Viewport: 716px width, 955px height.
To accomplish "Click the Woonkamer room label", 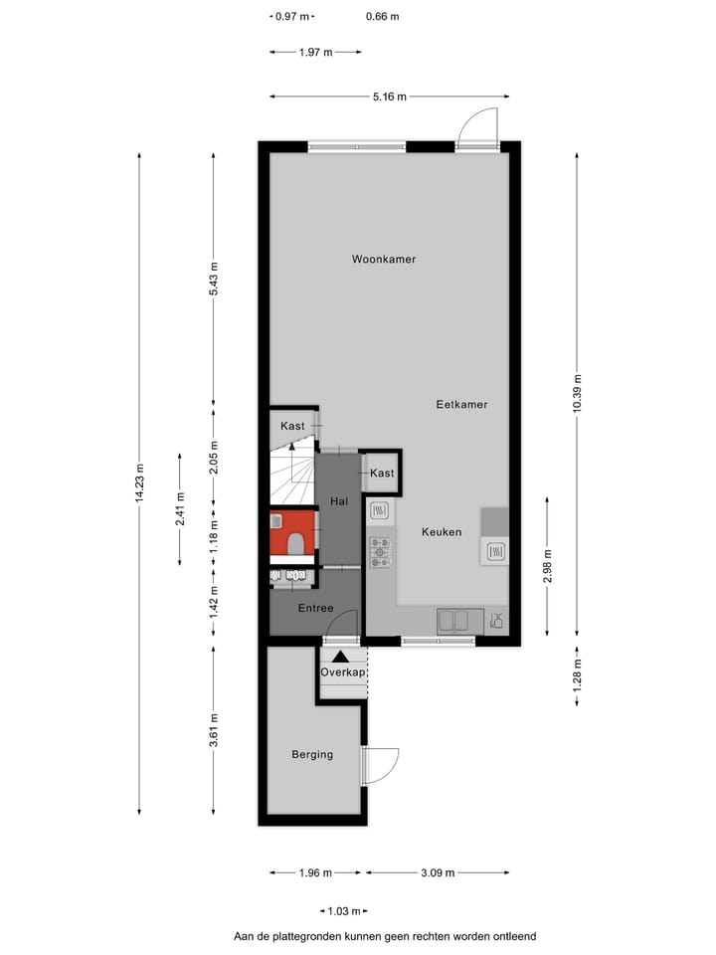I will coord(384,260).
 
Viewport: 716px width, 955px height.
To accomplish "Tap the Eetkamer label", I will coord(461,405).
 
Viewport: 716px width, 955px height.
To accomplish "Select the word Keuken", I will coord(442,532).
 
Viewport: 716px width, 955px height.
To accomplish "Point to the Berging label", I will coord(312,754).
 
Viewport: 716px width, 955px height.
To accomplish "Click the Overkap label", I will coord(343,673).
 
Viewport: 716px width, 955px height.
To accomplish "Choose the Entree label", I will coord(315,608).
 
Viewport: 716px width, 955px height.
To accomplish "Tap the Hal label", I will coord(338,501).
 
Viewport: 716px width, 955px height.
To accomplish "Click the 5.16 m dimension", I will coord(389,96).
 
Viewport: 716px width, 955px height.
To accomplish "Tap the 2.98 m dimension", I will coord(547,566).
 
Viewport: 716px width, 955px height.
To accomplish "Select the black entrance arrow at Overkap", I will coord(341,656).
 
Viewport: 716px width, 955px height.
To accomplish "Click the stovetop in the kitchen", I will coord(380,554).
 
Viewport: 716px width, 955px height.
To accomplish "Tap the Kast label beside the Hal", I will coord(382,473).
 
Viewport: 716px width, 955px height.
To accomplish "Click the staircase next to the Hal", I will coord(290,476).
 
